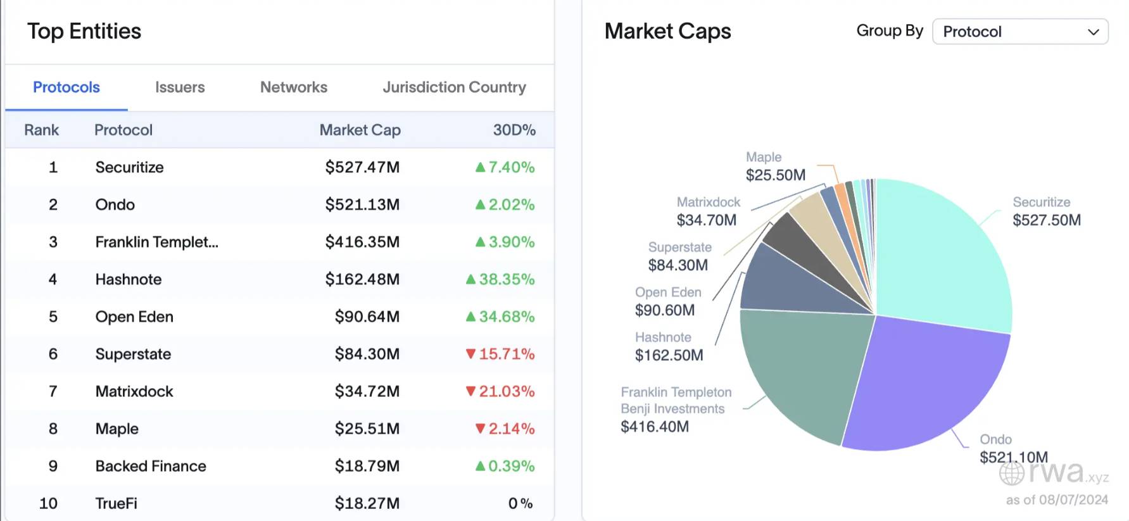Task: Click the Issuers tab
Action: click(180, 87)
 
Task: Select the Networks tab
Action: click(294, 87)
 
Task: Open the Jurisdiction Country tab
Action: click(454, 87)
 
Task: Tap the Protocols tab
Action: click(66, 87)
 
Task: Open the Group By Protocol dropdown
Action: click(1020, 32)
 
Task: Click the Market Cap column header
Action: click(360, 130)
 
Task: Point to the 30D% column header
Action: click(514, 130)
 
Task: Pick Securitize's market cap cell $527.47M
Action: click(362, 168)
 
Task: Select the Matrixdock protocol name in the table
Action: click(134, 392)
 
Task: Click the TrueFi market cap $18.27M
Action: click(367, 504)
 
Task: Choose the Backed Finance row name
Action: click(151, 467)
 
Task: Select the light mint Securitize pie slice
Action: click(943, 253)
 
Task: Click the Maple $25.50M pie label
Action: click(775, 166)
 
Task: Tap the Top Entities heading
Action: click(84, 32)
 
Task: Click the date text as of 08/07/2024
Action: click(1057, 500)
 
